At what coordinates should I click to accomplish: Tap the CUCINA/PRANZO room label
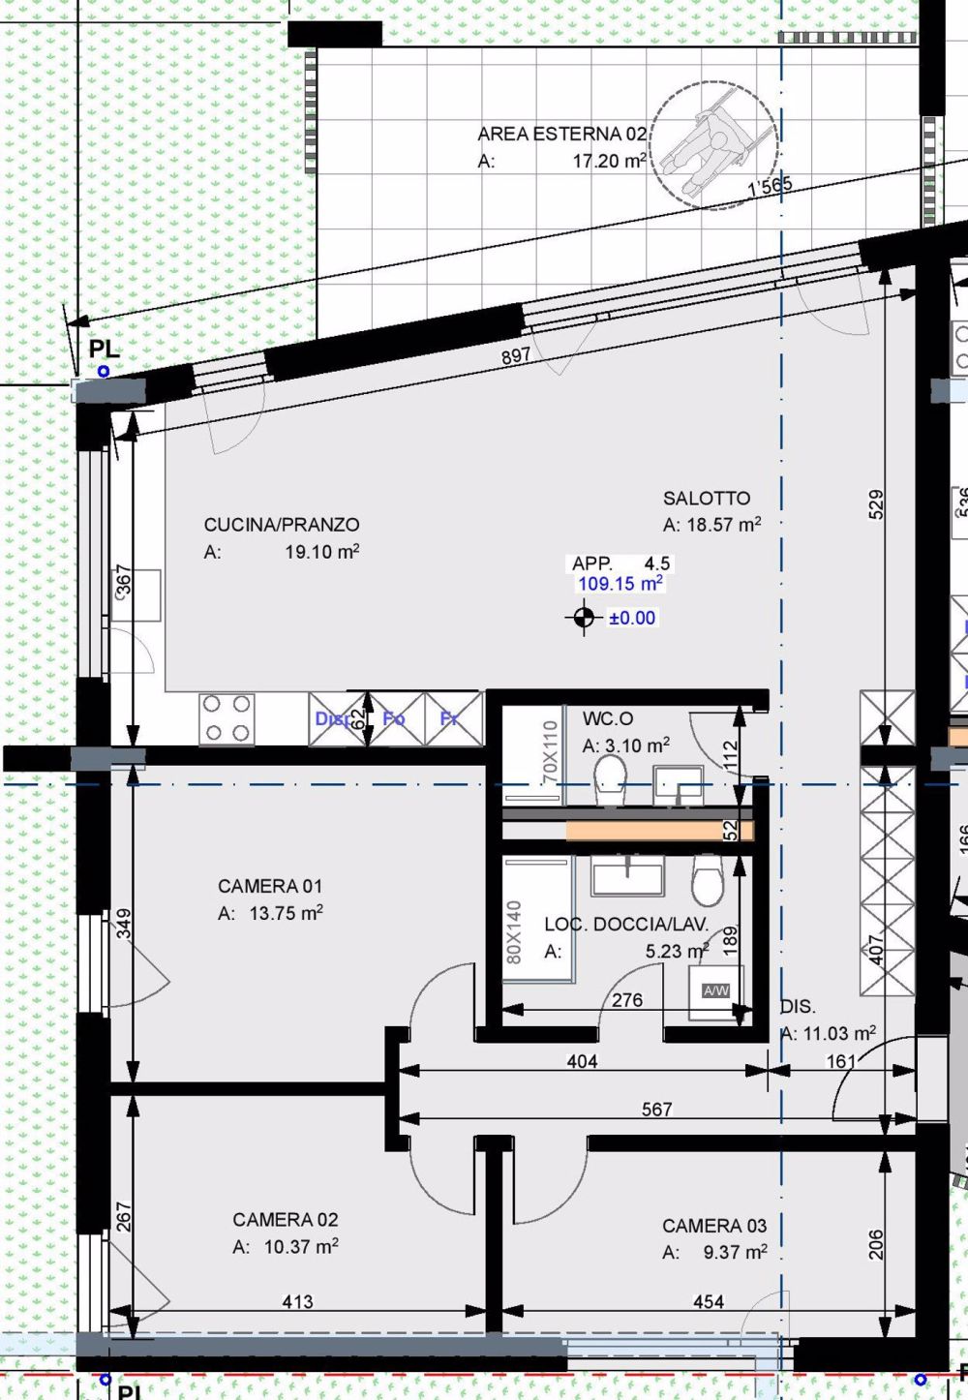click(281, 525)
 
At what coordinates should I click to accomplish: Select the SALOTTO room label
click(707, 499)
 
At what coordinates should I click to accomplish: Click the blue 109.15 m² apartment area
click(620, 584)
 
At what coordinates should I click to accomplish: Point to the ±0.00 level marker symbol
click(583, 617)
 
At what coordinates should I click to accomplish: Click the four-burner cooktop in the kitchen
click(227, 718)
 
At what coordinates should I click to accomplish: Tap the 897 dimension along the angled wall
click(516, 355)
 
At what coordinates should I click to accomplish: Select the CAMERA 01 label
click(270, 886)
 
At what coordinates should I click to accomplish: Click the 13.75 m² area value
click(286, 913)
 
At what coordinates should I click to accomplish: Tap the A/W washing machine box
click(716, 990)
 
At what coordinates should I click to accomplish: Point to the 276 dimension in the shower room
click(627, 1000)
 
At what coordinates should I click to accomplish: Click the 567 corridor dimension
click(656, 1109)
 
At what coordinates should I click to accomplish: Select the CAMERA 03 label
click(714, 1226)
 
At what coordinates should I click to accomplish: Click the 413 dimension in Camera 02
click(297, 1301)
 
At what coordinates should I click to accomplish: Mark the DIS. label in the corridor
click(798, 1006)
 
